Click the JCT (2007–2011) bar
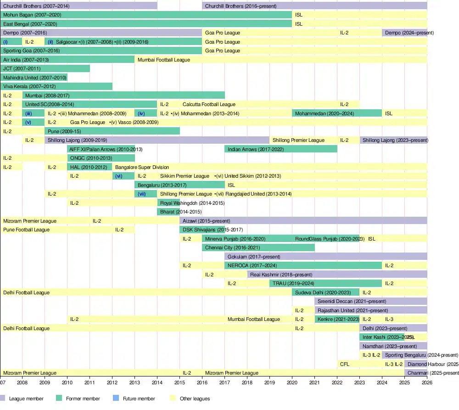[45, 68]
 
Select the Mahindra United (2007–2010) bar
[34, 78]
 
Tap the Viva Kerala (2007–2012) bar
[56, 86]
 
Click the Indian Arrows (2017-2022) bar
[281, 149]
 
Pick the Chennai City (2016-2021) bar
[258, 248]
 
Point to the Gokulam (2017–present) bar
[326, 257]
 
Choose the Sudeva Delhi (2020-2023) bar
[325, 292]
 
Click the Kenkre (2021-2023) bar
[337, 319]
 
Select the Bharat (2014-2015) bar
[168, 212]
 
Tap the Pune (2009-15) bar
[112, 131]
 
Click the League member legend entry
[23, 399]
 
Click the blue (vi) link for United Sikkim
[119, 176]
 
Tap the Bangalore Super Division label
[142, 167]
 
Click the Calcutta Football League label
[209, 104]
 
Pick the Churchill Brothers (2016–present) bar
[314, 6]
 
